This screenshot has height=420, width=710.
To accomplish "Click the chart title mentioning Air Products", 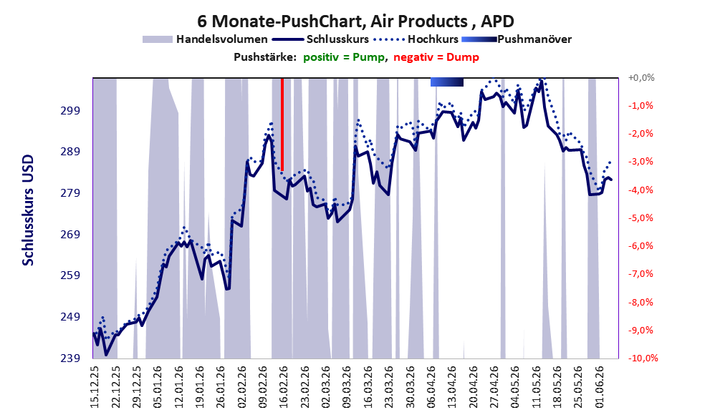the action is coord(355,21).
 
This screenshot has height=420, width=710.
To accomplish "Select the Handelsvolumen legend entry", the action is coord(205,39).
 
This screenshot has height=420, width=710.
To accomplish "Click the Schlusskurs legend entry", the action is coord(320,39).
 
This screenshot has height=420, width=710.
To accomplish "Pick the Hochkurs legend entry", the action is coord(416,39).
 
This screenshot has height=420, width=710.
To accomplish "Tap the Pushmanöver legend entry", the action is coord(517,39).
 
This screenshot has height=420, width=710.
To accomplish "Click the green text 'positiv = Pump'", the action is coord(345,57).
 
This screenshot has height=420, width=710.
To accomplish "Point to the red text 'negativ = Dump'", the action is coord(436,57).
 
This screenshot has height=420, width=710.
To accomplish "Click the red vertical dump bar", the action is coord(282,124).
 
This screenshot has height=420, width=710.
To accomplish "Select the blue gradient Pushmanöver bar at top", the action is coord(447,82).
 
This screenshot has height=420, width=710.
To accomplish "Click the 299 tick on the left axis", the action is coord(70,110).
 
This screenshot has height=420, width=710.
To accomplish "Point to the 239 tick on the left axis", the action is coord(70,358).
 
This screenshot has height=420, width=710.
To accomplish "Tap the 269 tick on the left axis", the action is coord(70,234).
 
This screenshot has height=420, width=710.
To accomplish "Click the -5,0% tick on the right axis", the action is coord(641,218).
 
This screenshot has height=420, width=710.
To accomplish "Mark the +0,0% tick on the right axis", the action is coord(641,78).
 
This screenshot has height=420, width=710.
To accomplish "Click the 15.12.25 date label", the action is coord(95,387).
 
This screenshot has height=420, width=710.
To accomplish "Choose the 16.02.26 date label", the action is coord(284,387).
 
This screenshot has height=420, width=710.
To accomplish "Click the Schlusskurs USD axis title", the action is coord(28,210).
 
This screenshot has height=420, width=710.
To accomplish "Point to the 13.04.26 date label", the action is coord(452,387).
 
